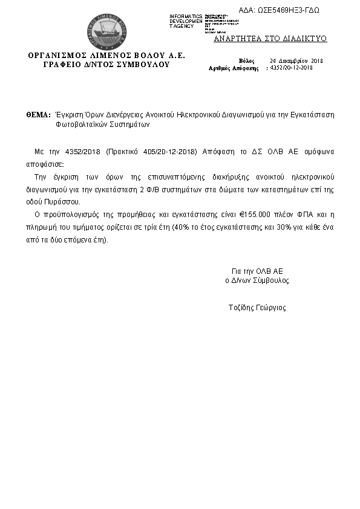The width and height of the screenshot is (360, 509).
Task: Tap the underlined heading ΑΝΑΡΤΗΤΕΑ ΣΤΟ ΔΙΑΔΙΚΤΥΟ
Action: click(270, 39)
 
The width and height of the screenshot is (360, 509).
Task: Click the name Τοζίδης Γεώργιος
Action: click(257, 308)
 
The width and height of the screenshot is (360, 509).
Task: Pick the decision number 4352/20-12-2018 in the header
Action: click(291, 68)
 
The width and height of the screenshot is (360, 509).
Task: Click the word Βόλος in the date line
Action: click(247, 61)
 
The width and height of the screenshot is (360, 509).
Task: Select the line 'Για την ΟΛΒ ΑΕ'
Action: click(257, 271)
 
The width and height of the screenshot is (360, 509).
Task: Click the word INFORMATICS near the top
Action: click(186, 16)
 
